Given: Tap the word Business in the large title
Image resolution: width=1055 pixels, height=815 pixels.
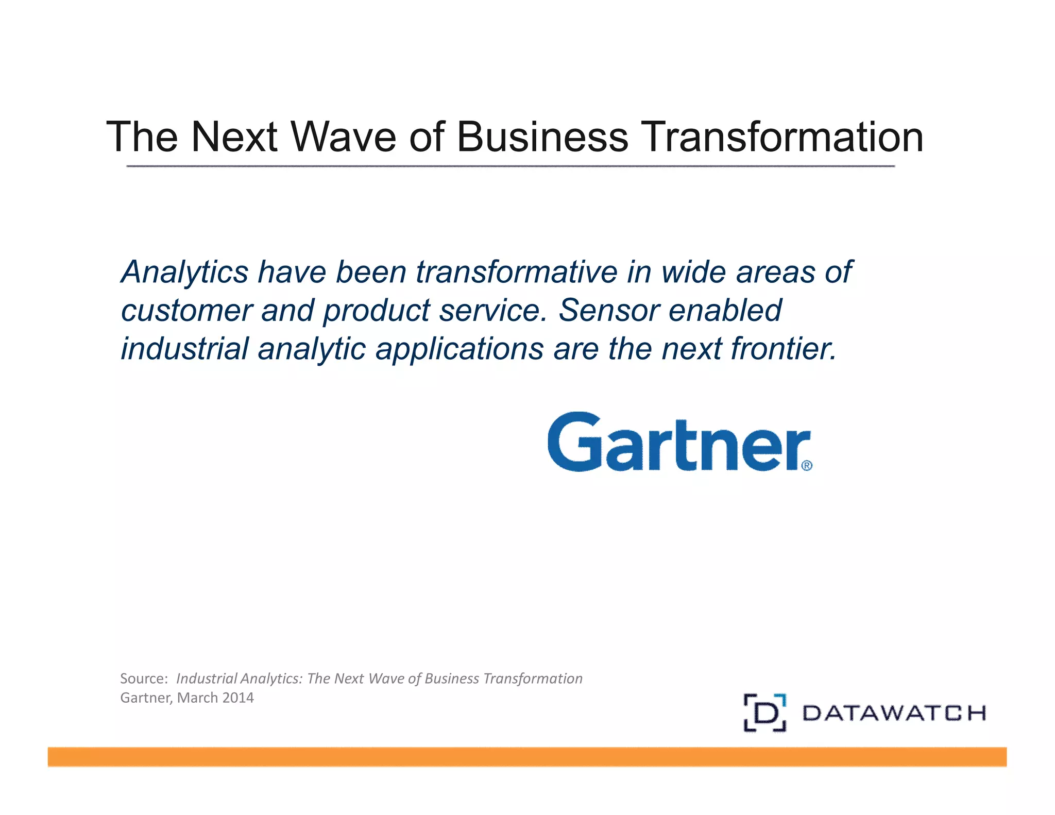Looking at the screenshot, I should pos(542,137).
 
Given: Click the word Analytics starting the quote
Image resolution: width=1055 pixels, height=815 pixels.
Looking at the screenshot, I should pos(184,272).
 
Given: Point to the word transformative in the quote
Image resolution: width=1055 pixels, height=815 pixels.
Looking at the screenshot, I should pos(516,272).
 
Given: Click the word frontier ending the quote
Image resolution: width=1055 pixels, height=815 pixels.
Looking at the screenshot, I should pos(783,349).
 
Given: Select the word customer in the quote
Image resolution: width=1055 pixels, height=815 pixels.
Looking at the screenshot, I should pos(186,311).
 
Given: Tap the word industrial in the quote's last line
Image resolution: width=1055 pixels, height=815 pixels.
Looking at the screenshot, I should pos(185,349).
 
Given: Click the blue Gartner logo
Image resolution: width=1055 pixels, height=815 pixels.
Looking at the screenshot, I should pos(675,443).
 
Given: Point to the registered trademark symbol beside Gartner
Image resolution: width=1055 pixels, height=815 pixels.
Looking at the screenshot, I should pos(807,466).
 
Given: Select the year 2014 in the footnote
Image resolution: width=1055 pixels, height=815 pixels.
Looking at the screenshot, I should pos(237,698).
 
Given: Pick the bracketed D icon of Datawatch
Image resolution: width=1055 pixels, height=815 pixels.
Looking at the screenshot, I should pos(765,713).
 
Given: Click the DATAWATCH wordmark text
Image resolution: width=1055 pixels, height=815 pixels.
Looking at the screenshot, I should pos(894,714).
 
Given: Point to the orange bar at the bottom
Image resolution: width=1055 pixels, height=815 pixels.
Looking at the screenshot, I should pos(527,757).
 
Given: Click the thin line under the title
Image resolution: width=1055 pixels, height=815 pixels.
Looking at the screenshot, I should pos(510,166).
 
